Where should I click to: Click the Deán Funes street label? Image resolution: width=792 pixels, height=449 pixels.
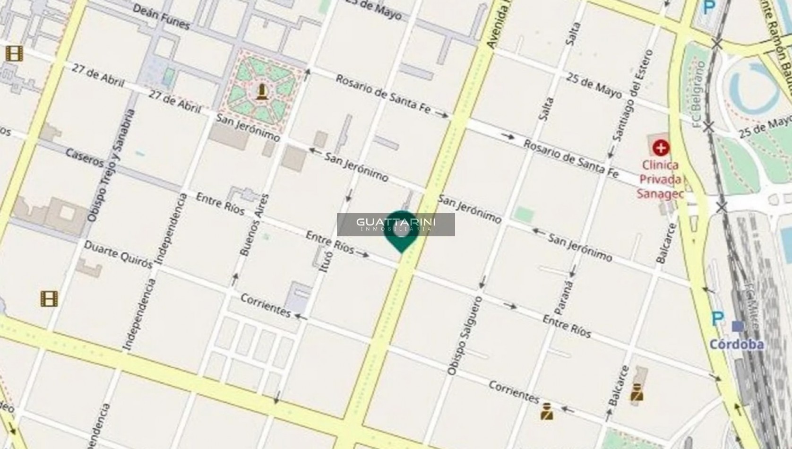point(161,17)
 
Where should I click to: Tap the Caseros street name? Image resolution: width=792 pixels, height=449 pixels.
point(85,158)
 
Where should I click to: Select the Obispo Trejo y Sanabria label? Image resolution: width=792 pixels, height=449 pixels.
point(111,166)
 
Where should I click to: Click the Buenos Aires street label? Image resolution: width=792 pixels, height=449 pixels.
point(255,225)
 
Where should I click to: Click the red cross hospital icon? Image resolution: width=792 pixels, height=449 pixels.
point(661,148)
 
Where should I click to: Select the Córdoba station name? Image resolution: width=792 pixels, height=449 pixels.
point(736,344)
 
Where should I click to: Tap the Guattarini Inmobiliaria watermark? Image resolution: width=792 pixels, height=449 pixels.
point(396,224)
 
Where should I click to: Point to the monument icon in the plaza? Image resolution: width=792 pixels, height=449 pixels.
point(261,91)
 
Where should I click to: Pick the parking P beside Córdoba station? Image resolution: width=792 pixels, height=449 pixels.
point(717,318)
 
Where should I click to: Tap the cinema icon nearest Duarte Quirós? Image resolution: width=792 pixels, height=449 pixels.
point(49,298)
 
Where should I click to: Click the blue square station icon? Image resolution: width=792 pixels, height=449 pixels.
point(737,326)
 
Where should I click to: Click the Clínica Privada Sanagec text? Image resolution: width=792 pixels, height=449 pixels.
point(660,179)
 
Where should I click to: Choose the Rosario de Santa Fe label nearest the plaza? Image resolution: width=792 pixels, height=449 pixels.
point(383,94)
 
